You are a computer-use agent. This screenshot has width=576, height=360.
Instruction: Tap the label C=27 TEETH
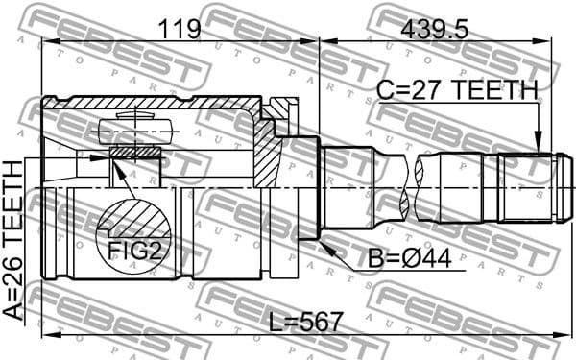(456, 90)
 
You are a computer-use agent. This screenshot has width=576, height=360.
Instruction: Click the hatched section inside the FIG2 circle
(135, 217)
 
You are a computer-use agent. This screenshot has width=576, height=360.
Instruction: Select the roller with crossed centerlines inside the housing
(133, 130)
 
